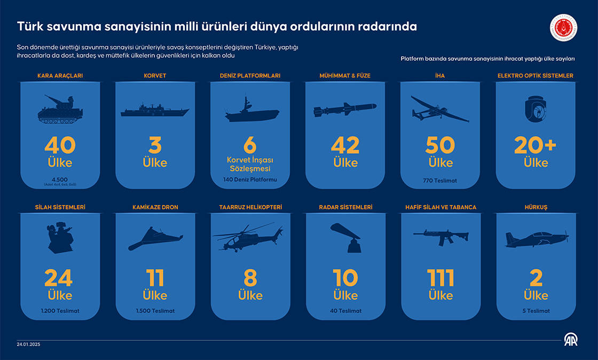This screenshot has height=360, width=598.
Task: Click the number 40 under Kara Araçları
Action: pyautogui.click(x=60, y=145)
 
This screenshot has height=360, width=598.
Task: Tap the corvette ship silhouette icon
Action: pyautogui.click(x=155, y=110)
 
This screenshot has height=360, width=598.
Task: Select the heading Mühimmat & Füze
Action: pyautogui.click(x=345, y=76)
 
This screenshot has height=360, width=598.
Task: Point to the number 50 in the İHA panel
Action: pyautogui.click(x=440, y=145)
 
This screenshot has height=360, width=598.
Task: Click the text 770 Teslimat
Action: pyautogui.click(x=440, y=181)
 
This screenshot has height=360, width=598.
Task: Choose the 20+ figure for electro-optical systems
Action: pyautogui.click(x=536, y=145)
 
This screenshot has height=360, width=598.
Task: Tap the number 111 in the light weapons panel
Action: pyautogui.click(x=440, y=278)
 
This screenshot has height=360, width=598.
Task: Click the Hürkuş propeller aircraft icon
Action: pyautogui.click(x=536, y=239)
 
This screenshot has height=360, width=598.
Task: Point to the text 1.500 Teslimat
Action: pyautogui.click(x=155, y=311)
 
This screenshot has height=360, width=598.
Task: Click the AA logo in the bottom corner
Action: pyautogui.click(x=571, y=340)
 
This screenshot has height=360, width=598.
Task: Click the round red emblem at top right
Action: pyautogui.click(x=565, y=28)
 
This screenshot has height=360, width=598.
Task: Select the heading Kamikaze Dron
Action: pyautogui.click(x=155, y=207)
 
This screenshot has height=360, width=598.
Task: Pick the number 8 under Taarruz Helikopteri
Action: pyautogui.click(x=250, y=278)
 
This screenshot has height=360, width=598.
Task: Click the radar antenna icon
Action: pyautogui.click(x=345, y=237)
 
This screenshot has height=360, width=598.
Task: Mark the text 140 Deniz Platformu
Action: pyautogui.click(x=250, y=179)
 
